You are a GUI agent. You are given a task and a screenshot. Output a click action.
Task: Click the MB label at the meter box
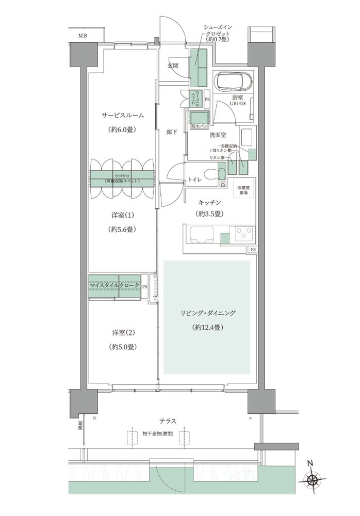coord(83,36)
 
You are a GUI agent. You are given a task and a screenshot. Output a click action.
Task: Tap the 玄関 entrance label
coord(173,66)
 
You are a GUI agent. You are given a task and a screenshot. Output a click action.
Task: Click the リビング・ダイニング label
coord(207,313)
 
